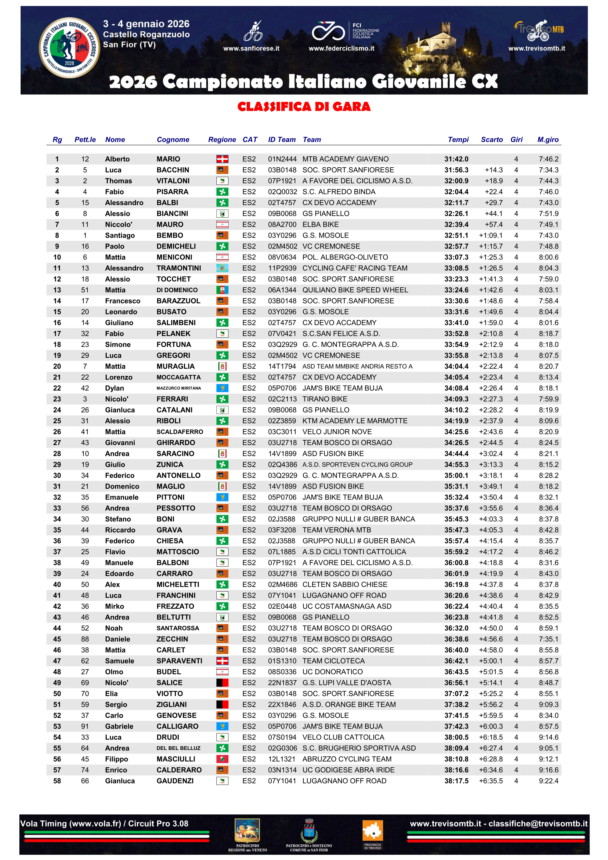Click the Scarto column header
(492, 140)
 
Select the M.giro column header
(548, 140)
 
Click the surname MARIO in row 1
(168, 159)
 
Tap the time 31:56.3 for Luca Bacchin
(456, 170)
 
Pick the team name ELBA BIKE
(320, 225)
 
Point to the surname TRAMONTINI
(179, 268)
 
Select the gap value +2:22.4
(491, 366)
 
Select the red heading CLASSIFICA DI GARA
(304, 107)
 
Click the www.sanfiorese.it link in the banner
(251, 48)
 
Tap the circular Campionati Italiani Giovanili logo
(70, 48)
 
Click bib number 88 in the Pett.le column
(85, 639)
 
